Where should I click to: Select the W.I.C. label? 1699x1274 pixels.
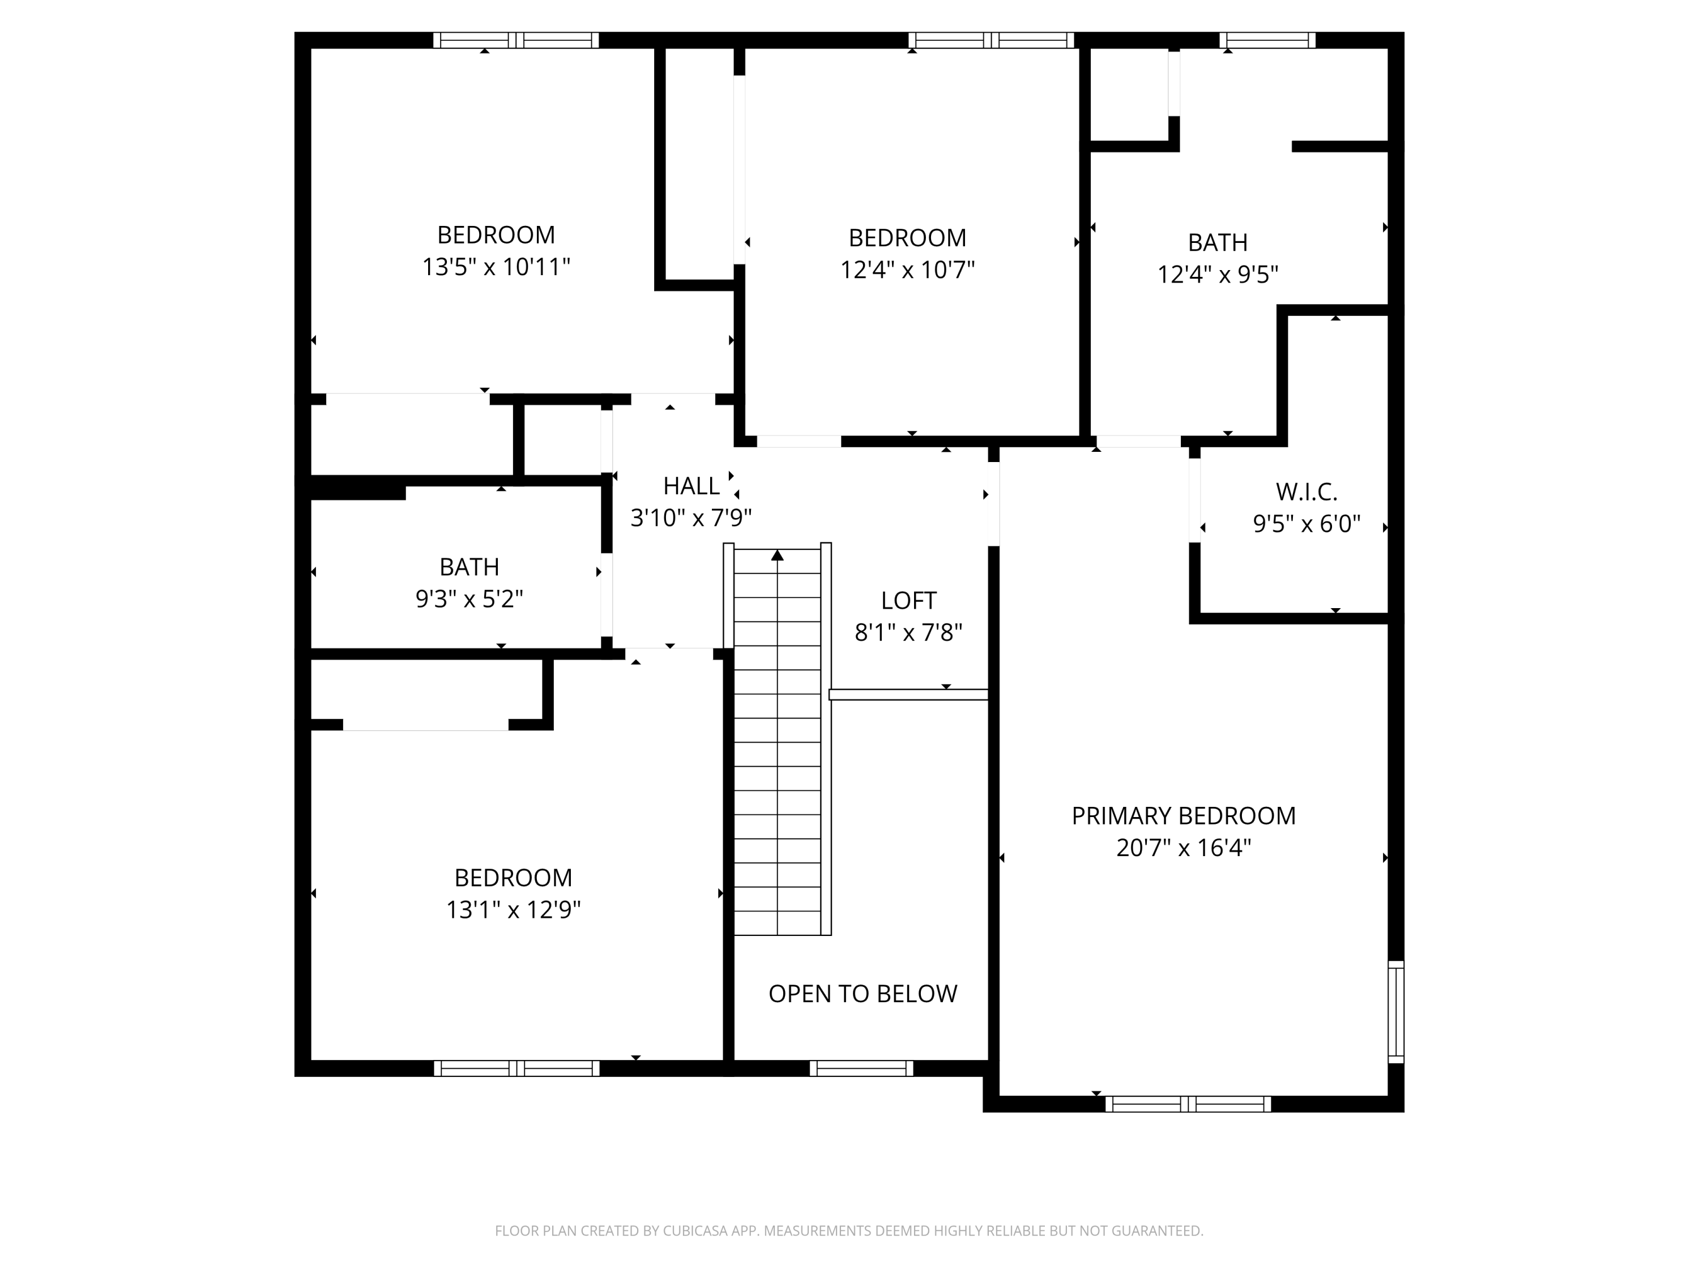pos(1307,491)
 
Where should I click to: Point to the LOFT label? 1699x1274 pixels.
pos(908,601)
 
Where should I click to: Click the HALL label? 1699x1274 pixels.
pos(691,486)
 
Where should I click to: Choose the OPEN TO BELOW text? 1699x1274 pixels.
pos(863,994)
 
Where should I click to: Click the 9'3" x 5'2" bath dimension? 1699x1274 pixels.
pos(469,599)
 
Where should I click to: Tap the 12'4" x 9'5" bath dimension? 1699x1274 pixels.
pos(1218,275)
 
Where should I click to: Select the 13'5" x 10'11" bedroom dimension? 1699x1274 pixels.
pos(496,267)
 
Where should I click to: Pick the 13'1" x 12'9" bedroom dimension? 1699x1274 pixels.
pos(513,910)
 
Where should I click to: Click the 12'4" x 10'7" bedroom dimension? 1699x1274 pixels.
pos(907,270)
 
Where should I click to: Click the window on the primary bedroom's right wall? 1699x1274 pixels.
pos(1395,1012)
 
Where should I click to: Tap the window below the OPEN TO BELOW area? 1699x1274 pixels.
pos(861,1068)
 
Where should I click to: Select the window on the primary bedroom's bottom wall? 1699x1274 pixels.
pos(1188,1104)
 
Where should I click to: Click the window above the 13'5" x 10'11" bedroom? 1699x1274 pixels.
pos(516,40)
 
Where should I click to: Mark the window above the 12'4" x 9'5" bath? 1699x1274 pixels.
pos(1267,40)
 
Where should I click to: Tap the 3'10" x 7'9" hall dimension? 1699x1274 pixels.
pos(691,518)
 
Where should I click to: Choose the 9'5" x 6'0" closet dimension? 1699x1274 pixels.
pos(1307,524)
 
